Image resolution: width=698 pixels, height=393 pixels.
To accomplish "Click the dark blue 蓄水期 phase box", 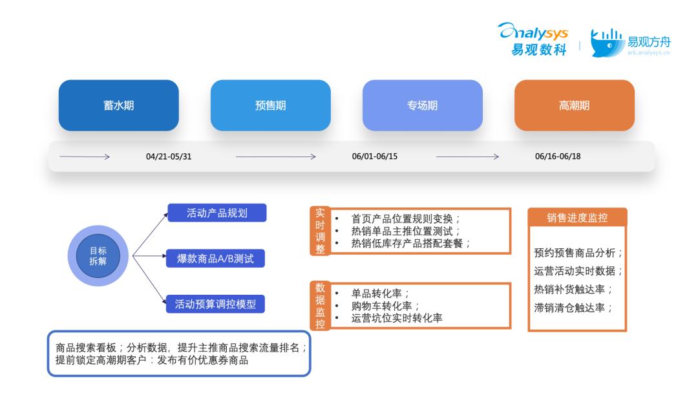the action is point(118,105).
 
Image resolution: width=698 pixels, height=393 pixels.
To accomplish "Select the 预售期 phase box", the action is point(271,105).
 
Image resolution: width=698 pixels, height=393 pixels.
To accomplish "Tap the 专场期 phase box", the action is point(423,105).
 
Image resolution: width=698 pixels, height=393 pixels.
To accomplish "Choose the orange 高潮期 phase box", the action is point(575,105).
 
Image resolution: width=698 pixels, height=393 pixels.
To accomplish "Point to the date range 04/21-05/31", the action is point(169,156).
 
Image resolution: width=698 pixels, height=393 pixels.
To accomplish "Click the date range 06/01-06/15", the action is point(375,156).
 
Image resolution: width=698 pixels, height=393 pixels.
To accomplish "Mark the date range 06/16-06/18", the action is point(558,156).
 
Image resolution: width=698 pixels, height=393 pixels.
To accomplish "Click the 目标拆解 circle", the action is point(98,256).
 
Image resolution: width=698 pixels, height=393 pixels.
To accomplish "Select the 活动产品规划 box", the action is point(217,213).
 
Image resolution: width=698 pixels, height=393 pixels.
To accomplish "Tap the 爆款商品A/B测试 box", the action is point(215,259).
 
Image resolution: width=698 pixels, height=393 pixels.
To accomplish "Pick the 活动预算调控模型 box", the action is point(215,304).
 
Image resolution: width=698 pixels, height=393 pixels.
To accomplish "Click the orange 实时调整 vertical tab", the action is point(320,231).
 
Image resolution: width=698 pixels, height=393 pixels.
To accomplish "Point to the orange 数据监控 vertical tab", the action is point(320,306).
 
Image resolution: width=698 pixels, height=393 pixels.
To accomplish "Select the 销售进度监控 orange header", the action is point(577,217).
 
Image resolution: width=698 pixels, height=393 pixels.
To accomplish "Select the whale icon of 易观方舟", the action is point(607,43).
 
